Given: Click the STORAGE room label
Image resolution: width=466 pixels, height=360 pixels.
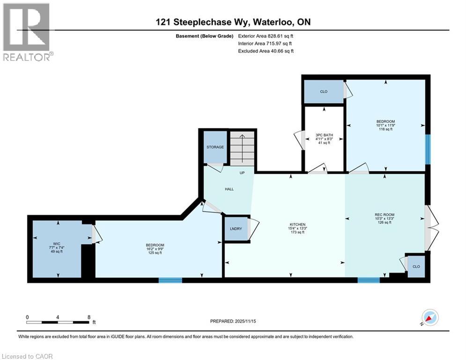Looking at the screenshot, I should (x=215, y=147).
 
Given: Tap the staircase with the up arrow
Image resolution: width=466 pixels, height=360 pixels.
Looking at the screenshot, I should (x=242, y=148).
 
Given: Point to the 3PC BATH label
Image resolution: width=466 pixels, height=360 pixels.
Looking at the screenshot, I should (x=323, y=139).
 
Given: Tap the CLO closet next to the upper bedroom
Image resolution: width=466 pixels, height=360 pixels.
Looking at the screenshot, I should (x=324, y=91).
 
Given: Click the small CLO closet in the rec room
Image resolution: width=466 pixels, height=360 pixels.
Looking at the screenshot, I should (x=416, y=266).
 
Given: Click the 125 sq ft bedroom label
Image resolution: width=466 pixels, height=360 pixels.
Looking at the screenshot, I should (x=155, y=249).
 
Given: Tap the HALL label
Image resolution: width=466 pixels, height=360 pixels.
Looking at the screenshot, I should (x=229, y=189).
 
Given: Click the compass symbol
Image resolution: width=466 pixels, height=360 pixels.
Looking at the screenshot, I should (x=430, y=318).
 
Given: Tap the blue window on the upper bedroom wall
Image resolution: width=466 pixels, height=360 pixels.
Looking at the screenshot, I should (x=427, y=149).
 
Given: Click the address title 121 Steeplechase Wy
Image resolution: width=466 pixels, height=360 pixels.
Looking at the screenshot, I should (x=233, y=22).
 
